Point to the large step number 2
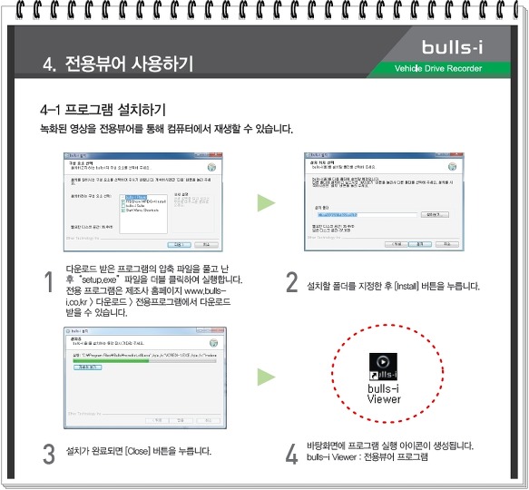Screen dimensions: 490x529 [291, 283]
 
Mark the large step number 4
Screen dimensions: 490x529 [291, 454]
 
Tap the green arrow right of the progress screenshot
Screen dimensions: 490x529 [264, 375]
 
